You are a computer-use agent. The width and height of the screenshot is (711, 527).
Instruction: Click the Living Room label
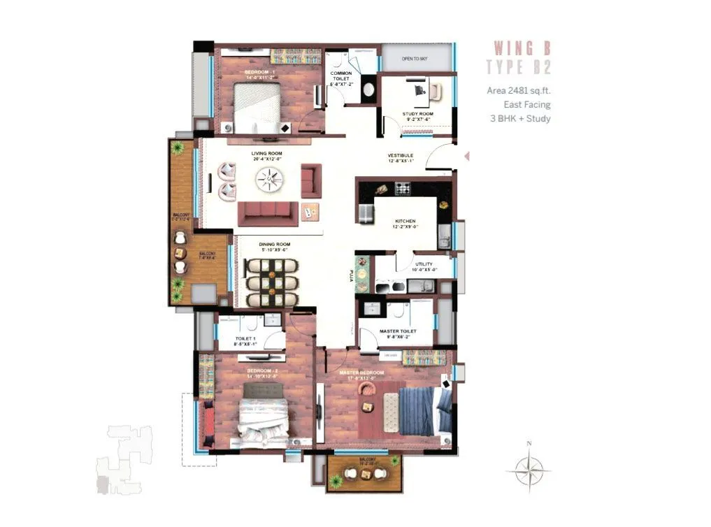point(266,152)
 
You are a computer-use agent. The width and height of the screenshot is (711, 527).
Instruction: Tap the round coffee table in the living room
point(269,182)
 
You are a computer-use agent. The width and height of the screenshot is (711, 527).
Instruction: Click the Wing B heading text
point(522,48)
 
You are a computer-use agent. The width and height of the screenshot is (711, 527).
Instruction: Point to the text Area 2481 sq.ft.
point(519,91)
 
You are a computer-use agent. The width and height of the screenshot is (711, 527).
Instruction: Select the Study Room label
point(417,114)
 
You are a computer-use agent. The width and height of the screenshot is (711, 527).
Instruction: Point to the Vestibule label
point(401,155)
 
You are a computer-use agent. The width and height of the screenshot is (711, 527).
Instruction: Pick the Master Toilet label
point(398,331)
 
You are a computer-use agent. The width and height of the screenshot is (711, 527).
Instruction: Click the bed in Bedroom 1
point(256,107)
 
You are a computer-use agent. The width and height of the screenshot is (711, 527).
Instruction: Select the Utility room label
point(424,265)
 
